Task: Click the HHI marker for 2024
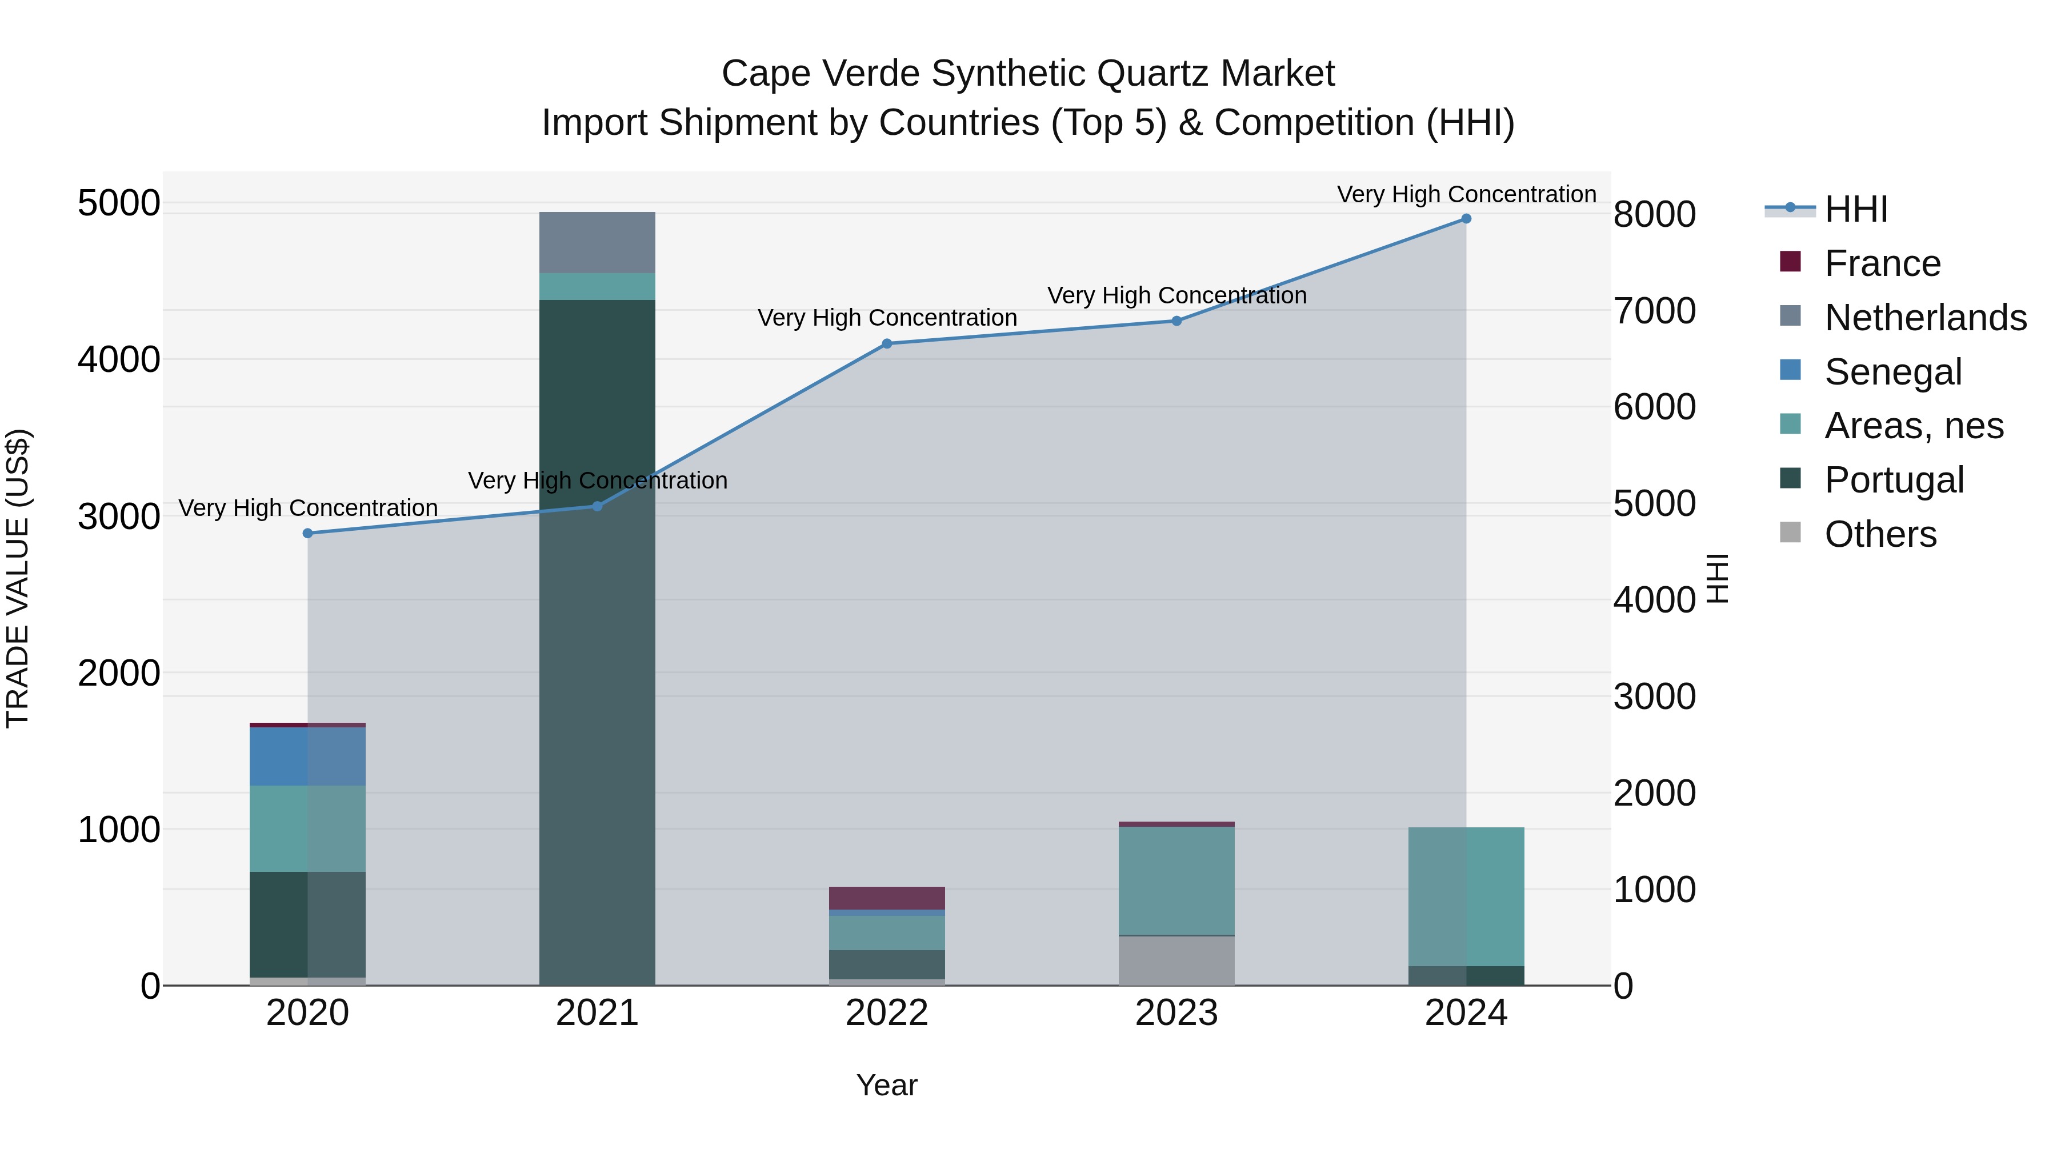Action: pos(1466,219)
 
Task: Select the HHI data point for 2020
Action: pos(307,534)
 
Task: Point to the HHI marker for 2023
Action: pos(1176,321)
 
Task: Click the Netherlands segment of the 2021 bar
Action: pos(597,243)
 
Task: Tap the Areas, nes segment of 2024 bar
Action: pos(1466,896)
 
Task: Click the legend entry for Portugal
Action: pos(1894,480)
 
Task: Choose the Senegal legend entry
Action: pos(1892,372)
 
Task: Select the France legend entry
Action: pos(1882,263)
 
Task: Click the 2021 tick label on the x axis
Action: pos(597,1013)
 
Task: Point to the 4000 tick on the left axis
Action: pos(119,359)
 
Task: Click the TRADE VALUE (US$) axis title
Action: pos(18,578)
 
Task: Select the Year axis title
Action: pos(886,1085)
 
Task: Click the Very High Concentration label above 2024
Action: pos(1466,194)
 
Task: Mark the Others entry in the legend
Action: pos(1880,534)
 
